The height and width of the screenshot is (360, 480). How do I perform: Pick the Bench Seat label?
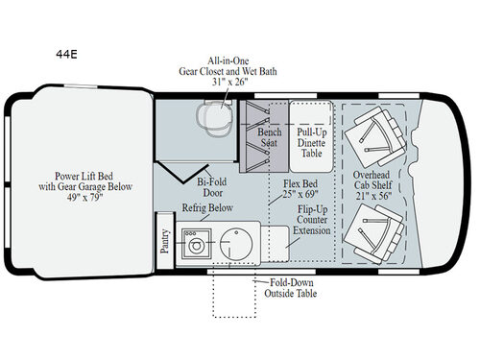coord(268,137)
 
